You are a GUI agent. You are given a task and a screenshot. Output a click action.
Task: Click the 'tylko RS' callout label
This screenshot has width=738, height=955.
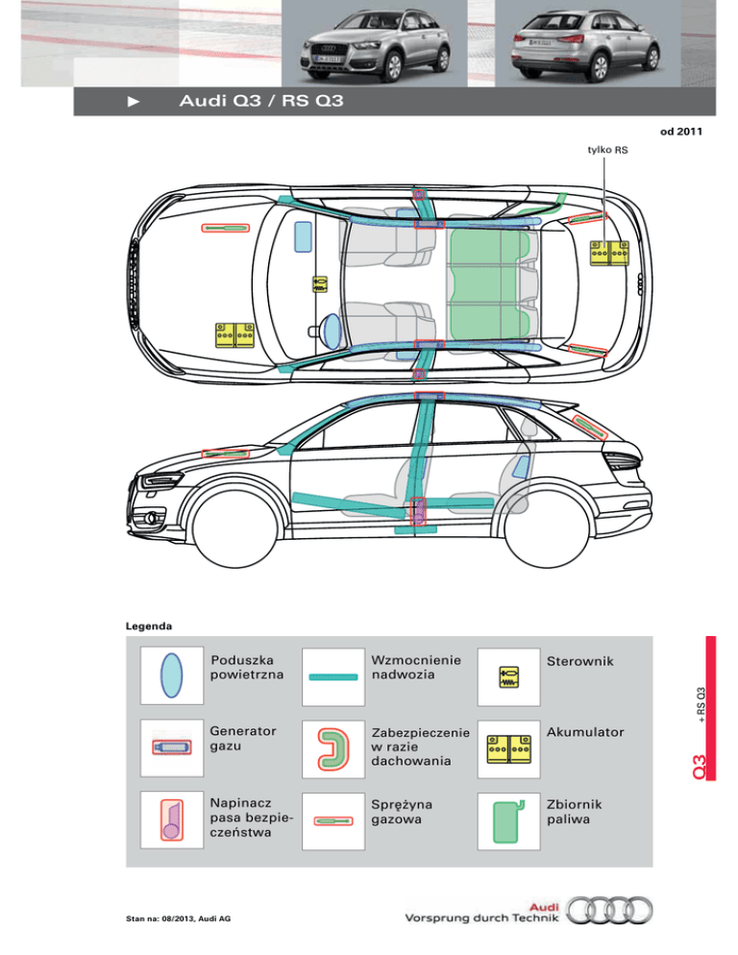pos(607,150)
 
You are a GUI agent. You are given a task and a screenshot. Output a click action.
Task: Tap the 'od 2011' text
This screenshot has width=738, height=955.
pos(680,132)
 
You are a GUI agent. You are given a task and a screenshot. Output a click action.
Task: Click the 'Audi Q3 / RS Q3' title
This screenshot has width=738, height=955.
pos(261,101)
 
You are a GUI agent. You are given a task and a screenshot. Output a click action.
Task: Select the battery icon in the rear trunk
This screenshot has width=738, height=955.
pos(609,253)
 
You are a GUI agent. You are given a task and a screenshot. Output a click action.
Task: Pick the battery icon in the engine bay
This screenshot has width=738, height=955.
pos(234,335)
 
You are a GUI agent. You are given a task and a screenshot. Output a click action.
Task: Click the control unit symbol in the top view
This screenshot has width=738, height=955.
pos(319,284)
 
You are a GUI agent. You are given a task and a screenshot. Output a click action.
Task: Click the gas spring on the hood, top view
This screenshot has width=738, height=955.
pos(226,228)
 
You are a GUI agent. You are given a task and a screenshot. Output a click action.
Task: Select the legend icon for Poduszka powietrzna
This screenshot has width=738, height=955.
pos(171,675)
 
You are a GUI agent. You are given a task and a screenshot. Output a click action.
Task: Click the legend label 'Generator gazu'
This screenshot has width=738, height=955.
pos(242,738)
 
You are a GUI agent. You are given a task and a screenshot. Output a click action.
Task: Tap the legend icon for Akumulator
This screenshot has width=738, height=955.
pos(508,749)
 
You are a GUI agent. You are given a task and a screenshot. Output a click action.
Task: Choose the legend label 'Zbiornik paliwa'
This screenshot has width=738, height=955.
pos(574,811)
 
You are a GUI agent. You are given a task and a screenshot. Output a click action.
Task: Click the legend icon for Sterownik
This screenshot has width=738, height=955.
pos(508,677)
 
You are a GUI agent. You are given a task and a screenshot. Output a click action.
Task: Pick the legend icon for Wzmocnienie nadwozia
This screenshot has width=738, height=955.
pos(333,677)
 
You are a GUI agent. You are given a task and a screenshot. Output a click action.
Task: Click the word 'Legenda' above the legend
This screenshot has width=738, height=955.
pos(149,626)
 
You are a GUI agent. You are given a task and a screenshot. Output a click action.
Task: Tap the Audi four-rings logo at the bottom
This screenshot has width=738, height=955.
pos(609,911)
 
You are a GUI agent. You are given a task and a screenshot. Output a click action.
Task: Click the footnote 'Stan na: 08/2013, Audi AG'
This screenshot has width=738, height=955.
pos(178,918)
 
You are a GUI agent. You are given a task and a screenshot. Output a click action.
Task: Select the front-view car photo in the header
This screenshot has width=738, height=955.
pos(374,44)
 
